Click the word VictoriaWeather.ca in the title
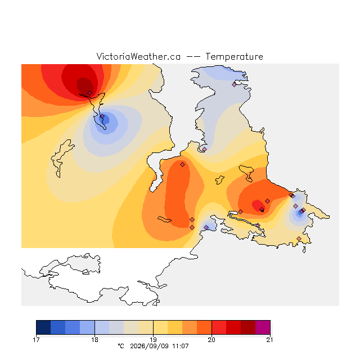[x=138, y=56]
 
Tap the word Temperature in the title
[x=234, y=56]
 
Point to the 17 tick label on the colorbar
[x=36, y=340]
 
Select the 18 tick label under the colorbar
[x=94, y=340]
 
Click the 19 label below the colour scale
[x=153, y=340]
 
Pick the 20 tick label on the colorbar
[x=211, y=340]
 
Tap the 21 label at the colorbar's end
[x=270, y=340]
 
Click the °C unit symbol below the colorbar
[x=121, y=346]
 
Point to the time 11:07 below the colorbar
[x=181, y=346]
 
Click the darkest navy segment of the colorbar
[x=43, y=327]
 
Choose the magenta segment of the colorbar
[x=263, y=327]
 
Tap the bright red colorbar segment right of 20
[x=219, y=327]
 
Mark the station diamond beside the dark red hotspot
[x=90, y=93]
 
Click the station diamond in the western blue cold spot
[x=102, y=116]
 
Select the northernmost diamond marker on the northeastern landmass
[x=234, y=84]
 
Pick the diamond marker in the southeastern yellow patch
[x=299, y=238]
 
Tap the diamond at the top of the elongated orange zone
[x=182, y=164]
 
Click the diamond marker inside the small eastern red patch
[x=262, y=209]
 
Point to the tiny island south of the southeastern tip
[x=304, y=250]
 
